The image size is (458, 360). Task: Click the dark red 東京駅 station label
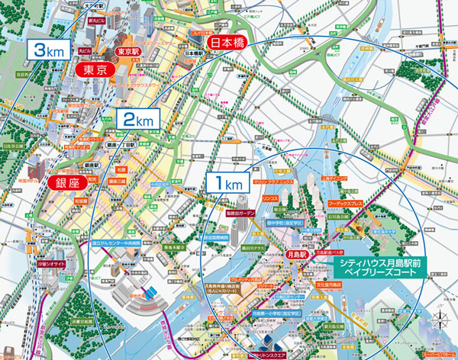128,52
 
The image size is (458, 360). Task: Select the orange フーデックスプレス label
348,205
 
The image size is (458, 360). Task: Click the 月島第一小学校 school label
274,313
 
